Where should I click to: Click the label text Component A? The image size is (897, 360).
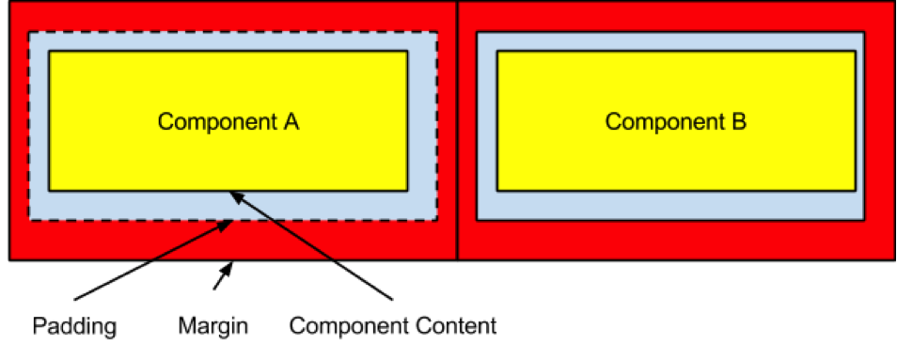click(228, 121)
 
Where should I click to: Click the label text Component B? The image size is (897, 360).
click(675, 121)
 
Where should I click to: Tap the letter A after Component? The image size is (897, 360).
click(291, 121)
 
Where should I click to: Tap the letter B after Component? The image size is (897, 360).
click(739, 121)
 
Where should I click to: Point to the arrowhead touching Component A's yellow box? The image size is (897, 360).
click(234, 195)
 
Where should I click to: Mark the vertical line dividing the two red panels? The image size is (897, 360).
click(458, 132)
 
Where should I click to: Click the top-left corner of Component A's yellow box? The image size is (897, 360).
click(50, 52)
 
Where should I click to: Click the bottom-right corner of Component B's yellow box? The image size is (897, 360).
click(855, 190)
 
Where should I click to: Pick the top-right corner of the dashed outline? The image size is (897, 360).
click(437, 33)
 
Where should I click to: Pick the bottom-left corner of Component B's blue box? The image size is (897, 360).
click(478, 220)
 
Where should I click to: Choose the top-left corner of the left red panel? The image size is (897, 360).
click(11, 3)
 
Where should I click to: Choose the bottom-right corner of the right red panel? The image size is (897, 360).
click(893, 258)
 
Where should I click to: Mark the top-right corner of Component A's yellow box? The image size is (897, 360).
click(407, 52)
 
